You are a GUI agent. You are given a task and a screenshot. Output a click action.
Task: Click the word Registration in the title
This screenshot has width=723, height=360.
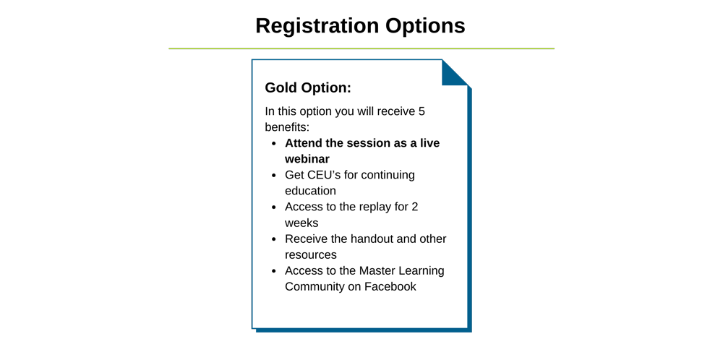tap(317, 26)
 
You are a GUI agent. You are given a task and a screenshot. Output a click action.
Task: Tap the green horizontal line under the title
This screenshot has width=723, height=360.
tap(361, 48)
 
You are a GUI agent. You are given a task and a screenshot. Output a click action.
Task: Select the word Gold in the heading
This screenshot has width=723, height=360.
tap(281, 87)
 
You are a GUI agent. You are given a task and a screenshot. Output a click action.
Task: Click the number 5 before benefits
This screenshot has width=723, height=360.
tap(421, 111)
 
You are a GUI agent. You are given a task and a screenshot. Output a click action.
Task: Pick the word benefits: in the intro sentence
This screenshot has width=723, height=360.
tap(287, 127)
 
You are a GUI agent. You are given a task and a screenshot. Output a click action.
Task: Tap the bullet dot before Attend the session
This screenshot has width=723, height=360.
tap(274, 143)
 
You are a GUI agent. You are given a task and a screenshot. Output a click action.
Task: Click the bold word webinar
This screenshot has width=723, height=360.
tap(307, 159)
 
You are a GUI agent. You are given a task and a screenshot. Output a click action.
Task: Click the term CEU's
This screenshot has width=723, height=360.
tap(305, 175)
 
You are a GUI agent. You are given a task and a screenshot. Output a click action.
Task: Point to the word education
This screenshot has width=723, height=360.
tap(310, 191)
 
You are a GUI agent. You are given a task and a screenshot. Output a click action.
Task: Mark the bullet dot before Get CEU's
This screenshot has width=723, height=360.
tap(274, 176)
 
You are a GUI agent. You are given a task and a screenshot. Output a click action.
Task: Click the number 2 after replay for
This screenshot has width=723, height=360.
tap(414, 207)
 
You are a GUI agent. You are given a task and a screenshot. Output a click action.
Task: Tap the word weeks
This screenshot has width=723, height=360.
tap(301, 223)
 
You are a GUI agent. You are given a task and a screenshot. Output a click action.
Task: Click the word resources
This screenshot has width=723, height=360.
tap(311, 255)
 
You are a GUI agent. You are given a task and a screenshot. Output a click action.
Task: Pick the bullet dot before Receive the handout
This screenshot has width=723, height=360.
tap(274, 239)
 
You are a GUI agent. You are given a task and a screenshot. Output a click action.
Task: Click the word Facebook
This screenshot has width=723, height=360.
tap(390, 286)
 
